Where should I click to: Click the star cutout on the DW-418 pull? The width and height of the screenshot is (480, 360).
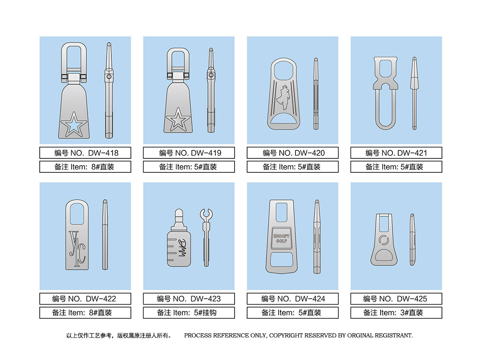point(74,124)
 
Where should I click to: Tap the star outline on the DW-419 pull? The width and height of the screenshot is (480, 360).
point(178,119)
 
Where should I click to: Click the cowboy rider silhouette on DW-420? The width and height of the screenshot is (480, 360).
point(283,98)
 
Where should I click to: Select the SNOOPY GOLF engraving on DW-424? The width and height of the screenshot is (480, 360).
point(281,238)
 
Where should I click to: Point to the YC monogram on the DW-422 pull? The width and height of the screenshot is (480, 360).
point(77,249)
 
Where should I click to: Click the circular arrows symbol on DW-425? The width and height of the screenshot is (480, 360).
point(383,240)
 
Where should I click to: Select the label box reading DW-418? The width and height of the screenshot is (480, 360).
point(85,153)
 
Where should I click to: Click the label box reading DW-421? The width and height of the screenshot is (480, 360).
point(396,153)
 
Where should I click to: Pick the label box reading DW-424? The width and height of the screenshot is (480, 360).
point(292,299)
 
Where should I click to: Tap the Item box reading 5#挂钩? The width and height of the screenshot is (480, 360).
point(189,313)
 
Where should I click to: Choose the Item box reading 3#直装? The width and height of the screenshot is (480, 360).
point(396,313)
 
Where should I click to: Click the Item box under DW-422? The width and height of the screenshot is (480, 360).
point(85,313)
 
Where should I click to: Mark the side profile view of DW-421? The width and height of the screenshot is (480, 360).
point(414,93)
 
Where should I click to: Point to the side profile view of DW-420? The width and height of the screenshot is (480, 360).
point(316,94)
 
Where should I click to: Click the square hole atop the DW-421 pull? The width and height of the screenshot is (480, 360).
point(386,68)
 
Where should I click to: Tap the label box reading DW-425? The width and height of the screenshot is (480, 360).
point(396,299)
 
